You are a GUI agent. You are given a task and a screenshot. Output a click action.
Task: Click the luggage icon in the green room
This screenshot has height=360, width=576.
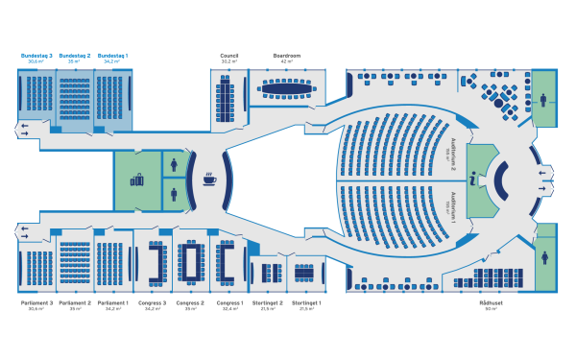click(x=136, y=179)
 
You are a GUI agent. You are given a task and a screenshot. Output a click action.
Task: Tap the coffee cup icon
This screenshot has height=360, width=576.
click(x=210, y=178)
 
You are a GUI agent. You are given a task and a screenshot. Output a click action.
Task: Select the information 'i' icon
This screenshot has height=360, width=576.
click(x=472, y=178)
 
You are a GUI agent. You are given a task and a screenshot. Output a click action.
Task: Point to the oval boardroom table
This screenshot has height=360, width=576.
click(x=287, y=88)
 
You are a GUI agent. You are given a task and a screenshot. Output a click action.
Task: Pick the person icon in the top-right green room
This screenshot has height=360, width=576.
click(x=544, y=97)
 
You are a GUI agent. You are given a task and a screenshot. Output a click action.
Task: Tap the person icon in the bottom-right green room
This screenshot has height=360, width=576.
click(x=544, y=257)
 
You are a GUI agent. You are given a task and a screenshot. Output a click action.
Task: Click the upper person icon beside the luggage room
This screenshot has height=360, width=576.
click(x=174, y=164)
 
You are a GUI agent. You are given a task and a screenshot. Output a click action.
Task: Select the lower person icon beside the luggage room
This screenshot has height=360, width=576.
click(x=174, y=194)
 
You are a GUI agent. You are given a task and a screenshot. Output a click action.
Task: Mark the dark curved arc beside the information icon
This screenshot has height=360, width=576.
click(x=500, y=178)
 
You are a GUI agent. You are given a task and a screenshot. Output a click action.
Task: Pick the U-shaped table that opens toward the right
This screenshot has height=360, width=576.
click(x=227, y=259)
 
